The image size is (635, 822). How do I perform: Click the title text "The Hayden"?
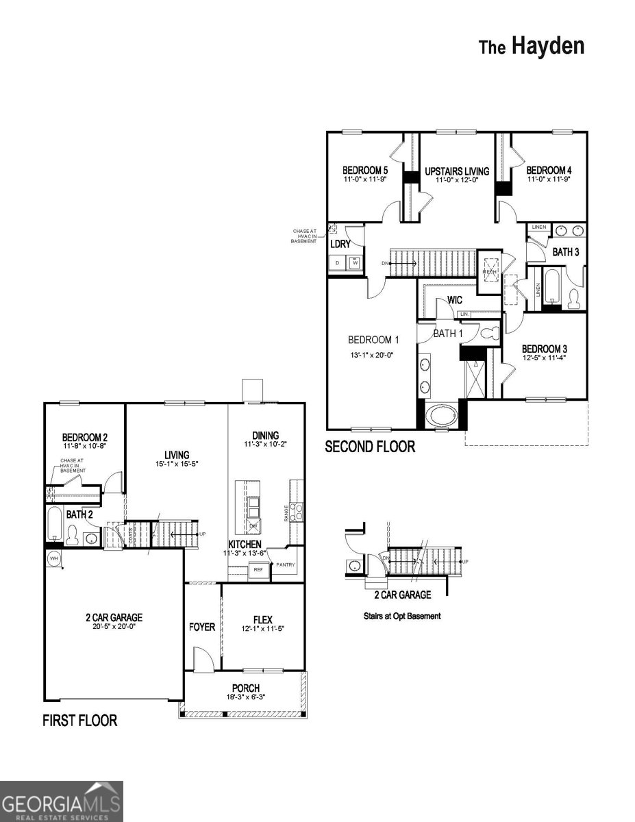coord(532,47)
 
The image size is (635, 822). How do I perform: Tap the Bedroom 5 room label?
coord(365,170)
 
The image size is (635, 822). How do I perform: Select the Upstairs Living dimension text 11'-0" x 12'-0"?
coord(456,179)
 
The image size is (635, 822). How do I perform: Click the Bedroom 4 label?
coord(548,170)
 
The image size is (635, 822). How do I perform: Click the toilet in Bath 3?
coord(574,297)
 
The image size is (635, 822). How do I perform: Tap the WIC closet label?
coord(456,300)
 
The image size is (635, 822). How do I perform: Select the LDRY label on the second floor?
coord(340,244)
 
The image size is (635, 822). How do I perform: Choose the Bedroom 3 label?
coord(544,349)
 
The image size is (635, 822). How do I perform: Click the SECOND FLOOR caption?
coord(370,447)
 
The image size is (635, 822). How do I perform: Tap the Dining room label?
coord(265,435)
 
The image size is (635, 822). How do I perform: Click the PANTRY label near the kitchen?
coord(284,565)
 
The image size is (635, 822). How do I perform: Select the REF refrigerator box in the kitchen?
coord(258,569)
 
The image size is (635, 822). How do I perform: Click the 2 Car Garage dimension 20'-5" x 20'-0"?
coord(110,627)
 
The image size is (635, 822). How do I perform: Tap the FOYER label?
coord(202,627)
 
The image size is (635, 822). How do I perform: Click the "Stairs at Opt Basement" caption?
coord(401,616)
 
